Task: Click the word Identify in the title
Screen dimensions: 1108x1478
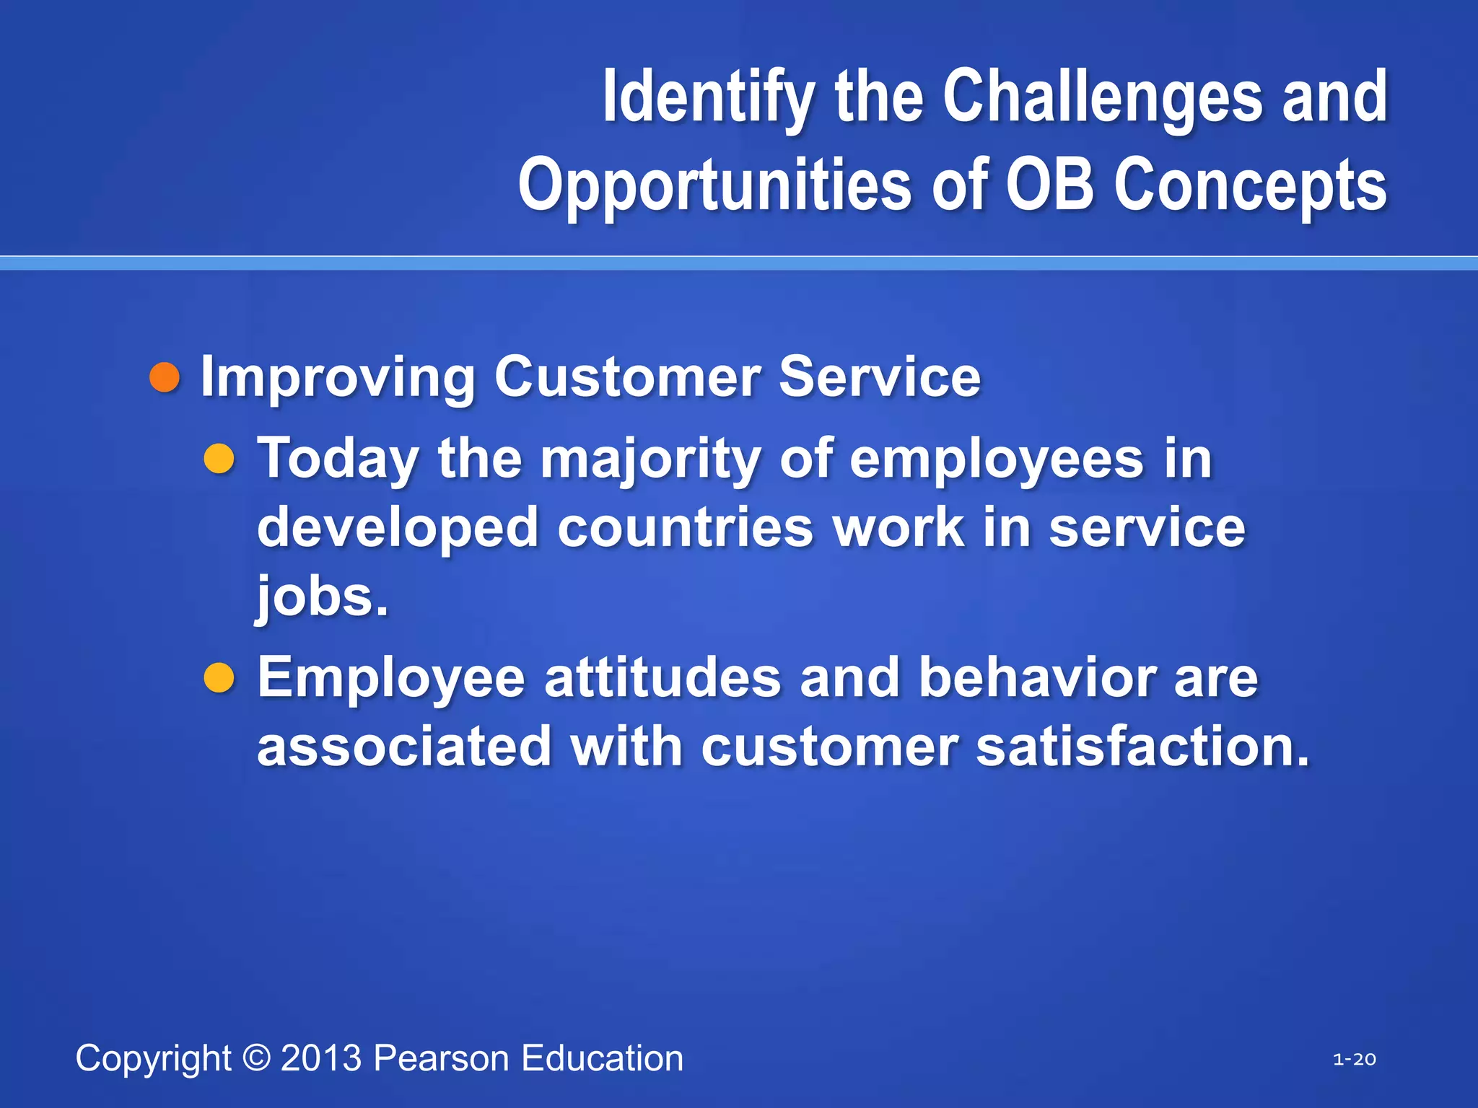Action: point(709,97)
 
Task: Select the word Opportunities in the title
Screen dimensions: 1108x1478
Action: point(715,186)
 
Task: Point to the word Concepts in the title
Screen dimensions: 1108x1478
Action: point(1250,186)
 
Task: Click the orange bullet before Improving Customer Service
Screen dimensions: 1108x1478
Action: point(165,378)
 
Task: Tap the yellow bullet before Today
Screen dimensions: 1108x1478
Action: point(219,459)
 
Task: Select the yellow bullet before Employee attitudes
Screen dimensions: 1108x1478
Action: point(219,678)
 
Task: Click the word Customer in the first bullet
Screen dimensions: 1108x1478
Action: point(627,377)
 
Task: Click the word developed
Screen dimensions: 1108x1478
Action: point(398,528)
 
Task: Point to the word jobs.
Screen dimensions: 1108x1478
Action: point(322,597)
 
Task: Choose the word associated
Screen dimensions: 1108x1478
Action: point(405,746)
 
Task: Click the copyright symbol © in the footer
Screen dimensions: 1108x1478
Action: point(256,1058)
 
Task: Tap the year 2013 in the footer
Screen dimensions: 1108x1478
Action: point(321,1058)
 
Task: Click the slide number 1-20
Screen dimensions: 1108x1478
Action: point(1354,1060)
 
